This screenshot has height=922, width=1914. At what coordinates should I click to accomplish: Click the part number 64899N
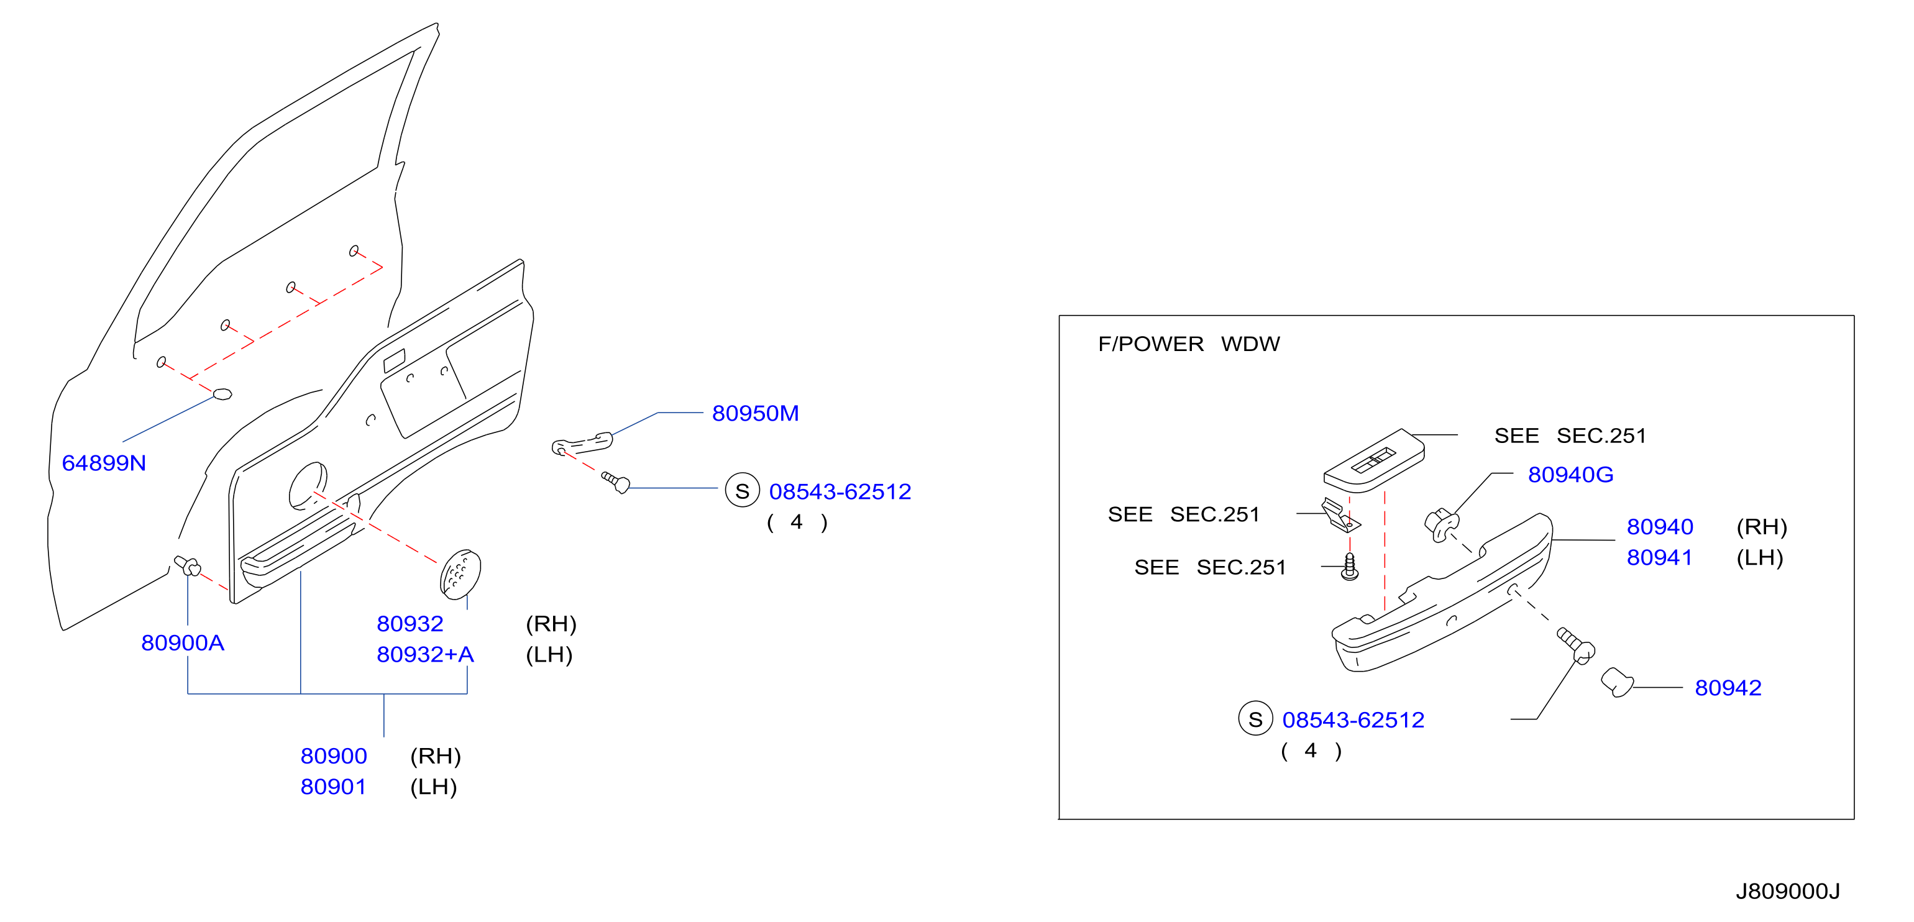104,463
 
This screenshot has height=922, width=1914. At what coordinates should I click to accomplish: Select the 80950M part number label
755,413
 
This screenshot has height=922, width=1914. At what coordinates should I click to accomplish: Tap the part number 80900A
183,642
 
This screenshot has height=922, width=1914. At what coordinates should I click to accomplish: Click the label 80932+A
425,655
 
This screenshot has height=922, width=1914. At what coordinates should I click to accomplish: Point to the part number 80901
334,787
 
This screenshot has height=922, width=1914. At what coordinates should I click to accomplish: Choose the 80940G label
1571,475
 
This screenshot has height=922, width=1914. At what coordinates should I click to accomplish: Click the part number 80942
1728,688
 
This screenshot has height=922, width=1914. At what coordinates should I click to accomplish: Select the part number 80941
1660,558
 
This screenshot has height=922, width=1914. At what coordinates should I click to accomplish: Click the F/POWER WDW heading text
1189,344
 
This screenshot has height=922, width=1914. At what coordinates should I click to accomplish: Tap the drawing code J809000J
1788,891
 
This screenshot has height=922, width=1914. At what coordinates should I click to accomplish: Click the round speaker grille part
460,573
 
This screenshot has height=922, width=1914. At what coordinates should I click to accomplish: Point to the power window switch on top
1374,460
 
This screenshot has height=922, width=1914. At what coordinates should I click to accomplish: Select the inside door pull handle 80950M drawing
582,444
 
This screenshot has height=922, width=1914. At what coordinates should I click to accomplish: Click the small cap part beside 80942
1616,683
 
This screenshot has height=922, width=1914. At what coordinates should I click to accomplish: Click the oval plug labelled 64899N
222,394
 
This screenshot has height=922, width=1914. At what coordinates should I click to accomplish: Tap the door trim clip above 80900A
187,566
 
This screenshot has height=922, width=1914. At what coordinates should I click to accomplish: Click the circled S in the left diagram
742,490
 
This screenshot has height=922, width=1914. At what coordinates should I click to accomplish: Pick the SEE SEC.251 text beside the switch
1570,436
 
